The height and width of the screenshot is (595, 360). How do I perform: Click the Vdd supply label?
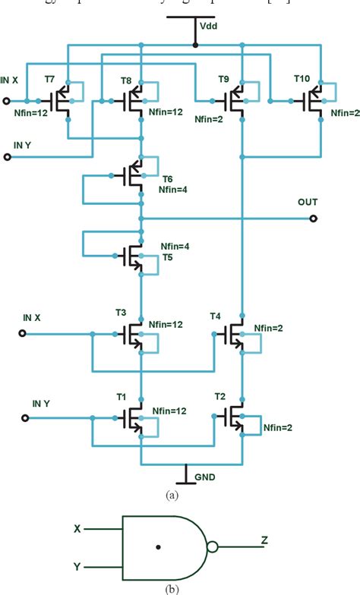click(207, 26)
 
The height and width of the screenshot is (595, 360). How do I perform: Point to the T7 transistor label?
click(50, 79)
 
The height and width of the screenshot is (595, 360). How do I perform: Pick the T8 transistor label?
click(126, 79)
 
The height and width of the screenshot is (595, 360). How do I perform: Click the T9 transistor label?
click(223, 79)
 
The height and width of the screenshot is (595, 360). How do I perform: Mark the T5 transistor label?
click(167, 257)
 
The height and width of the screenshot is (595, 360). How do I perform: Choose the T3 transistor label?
click(120, 312)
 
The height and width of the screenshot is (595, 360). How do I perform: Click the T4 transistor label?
click(215, 314)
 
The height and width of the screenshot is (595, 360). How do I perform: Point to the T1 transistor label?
click(120, 397)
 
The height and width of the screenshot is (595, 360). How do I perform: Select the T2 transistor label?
click(220, 397)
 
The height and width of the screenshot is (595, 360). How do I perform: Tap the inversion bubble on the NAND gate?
click(213, 546)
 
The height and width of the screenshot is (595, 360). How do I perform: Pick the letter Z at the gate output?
click(264, 540)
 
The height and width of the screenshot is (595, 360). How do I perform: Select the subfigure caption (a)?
click(172, 493)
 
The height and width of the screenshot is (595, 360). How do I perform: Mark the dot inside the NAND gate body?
click(158, 546)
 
